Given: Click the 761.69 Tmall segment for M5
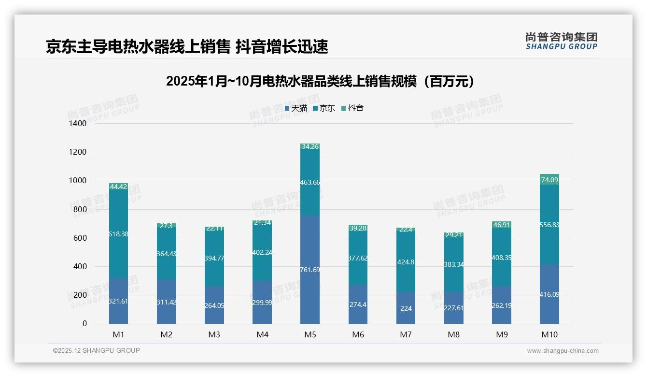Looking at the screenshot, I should [x=309, y=269].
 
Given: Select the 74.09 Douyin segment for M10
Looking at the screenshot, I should [x=549, y=180].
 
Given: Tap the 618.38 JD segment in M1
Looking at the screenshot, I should [x=118, y=234].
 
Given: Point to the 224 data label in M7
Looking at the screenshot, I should [x=406, y=308].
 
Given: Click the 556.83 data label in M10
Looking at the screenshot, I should [x=549, y=225].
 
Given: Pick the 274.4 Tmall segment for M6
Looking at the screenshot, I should [x=358, y=304].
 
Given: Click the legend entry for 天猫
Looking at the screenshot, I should [x=296, y=108].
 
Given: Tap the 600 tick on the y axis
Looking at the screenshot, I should [x=81, y=238].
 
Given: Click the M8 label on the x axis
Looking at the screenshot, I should [x=454, y=334].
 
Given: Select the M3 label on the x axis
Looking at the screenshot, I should [x=214, y=334].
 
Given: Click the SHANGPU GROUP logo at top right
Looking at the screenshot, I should [x=561, y=41].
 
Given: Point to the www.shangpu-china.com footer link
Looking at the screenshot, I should [x=563, y=351].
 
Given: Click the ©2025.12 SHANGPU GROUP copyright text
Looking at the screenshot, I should [x=97, y=351].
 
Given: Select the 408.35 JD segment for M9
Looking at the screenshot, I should [x=502, y=258].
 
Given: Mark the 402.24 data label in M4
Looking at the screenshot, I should [x=262, y=252].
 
